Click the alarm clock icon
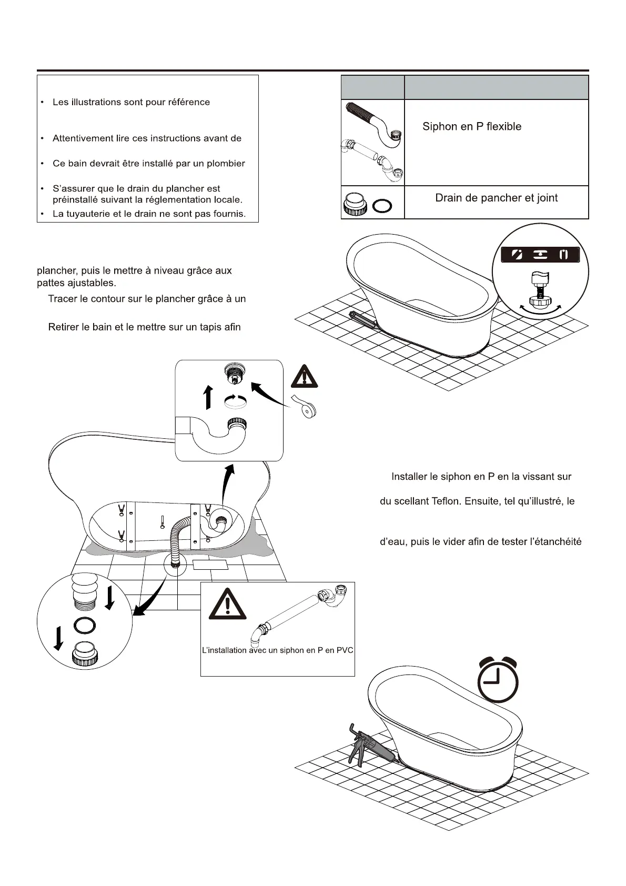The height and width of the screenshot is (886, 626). point(498,680)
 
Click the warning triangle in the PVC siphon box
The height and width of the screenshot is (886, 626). point(227,604)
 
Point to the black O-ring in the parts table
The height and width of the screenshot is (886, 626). point(382,205)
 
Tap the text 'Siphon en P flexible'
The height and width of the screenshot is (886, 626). point(472,127)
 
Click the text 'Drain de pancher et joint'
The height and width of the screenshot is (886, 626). point(496,198)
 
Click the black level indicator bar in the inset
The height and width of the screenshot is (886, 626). point(540,255)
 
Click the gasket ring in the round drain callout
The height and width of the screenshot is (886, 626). point(85,626)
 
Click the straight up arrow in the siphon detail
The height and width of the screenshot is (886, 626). point(208,397)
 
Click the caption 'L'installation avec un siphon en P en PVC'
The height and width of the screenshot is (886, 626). point(277,650)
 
